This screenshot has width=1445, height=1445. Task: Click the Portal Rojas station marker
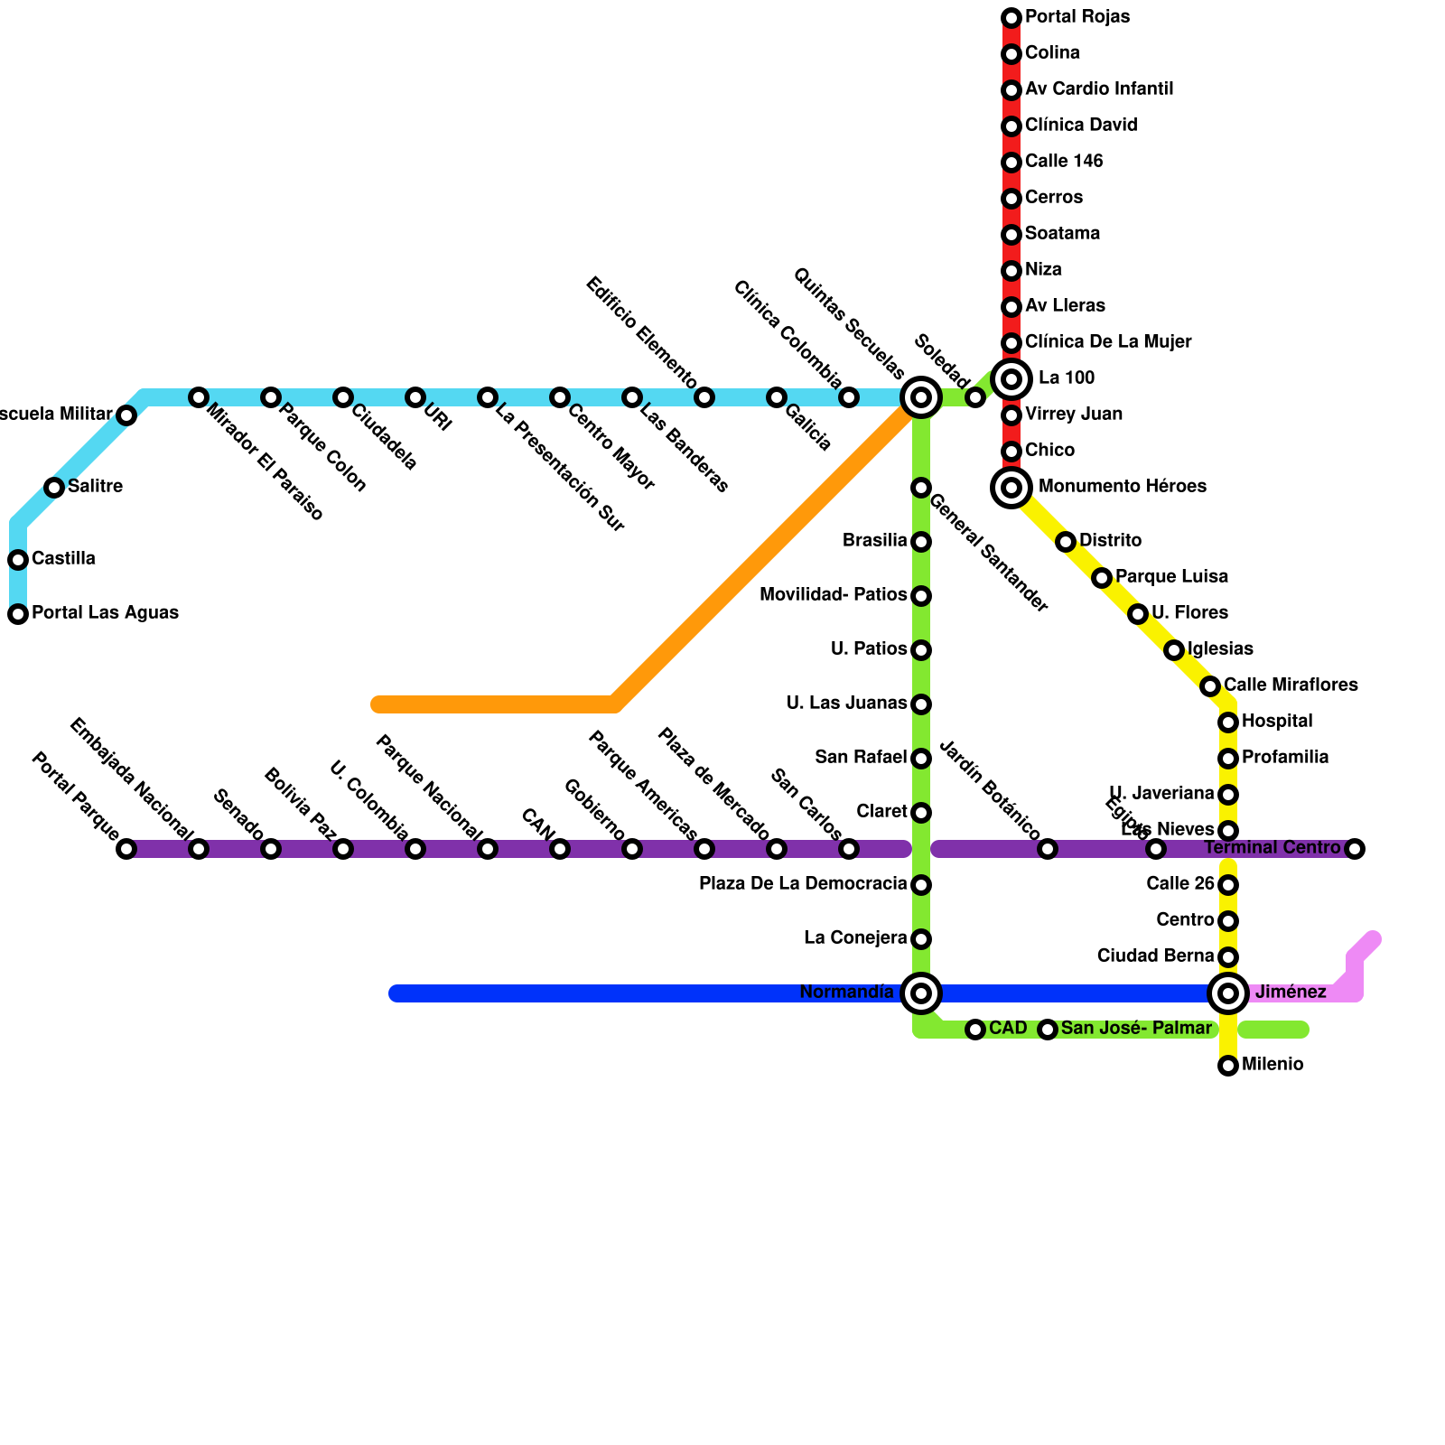pos(1011,18)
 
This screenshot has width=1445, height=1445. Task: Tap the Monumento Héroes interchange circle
pos(1011,488)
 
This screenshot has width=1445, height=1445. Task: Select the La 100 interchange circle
pos(1011,378)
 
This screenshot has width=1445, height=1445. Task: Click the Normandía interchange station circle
pos(921,993)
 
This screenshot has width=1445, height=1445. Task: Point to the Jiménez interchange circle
pos(1228,993)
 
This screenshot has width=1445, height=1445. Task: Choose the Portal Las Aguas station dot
pos(18,614)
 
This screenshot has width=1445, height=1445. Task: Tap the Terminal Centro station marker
pos(1354,849)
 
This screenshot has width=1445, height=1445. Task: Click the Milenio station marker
pos(1228,1066)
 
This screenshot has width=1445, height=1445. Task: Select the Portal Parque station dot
pos(126,849)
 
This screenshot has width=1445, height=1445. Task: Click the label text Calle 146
pos(1064,162)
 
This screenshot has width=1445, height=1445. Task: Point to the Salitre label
pos(95,487)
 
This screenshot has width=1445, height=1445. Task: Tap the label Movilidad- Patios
pos(833,595)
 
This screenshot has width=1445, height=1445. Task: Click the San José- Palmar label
pos(1135,1029)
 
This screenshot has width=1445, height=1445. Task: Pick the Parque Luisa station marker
pos(1102,578)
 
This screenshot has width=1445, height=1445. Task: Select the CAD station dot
pos(975,1030)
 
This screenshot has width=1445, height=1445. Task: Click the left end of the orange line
pos(378,704)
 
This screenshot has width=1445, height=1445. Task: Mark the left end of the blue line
pos(396,993)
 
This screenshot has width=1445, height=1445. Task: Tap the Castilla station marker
pos(18,560)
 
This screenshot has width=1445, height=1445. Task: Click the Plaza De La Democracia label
pos(803,884)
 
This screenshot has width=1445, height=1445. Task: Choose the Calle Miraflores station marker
pos(1210,686)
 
